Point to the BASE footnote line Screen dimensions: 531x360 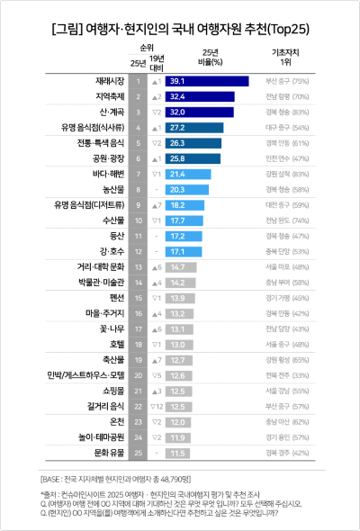pos(117,478)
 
